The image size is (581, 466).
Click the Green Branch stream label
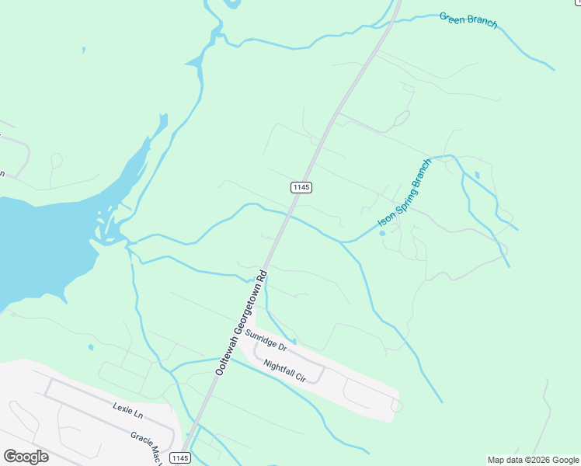pyautogui.click(x=468, y=19)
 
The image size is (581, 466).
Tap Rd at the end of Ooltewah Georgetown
pyautogui.click(x=263, y=276)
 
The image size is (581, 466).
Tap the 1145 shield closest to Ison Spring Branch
pyautogui.click(x=301, y=187)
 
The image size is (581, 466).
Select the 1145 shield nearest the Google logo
pyautogui.click(x=179, y=458)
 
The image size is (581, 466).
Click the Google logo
pyautogui.click(x=26, y=456)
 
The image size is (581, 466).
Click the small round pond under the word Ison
pyautogui.click(x=382, y=233)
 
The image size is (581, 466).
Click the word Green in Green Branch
pyautogui.click(x=452, y=16)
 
